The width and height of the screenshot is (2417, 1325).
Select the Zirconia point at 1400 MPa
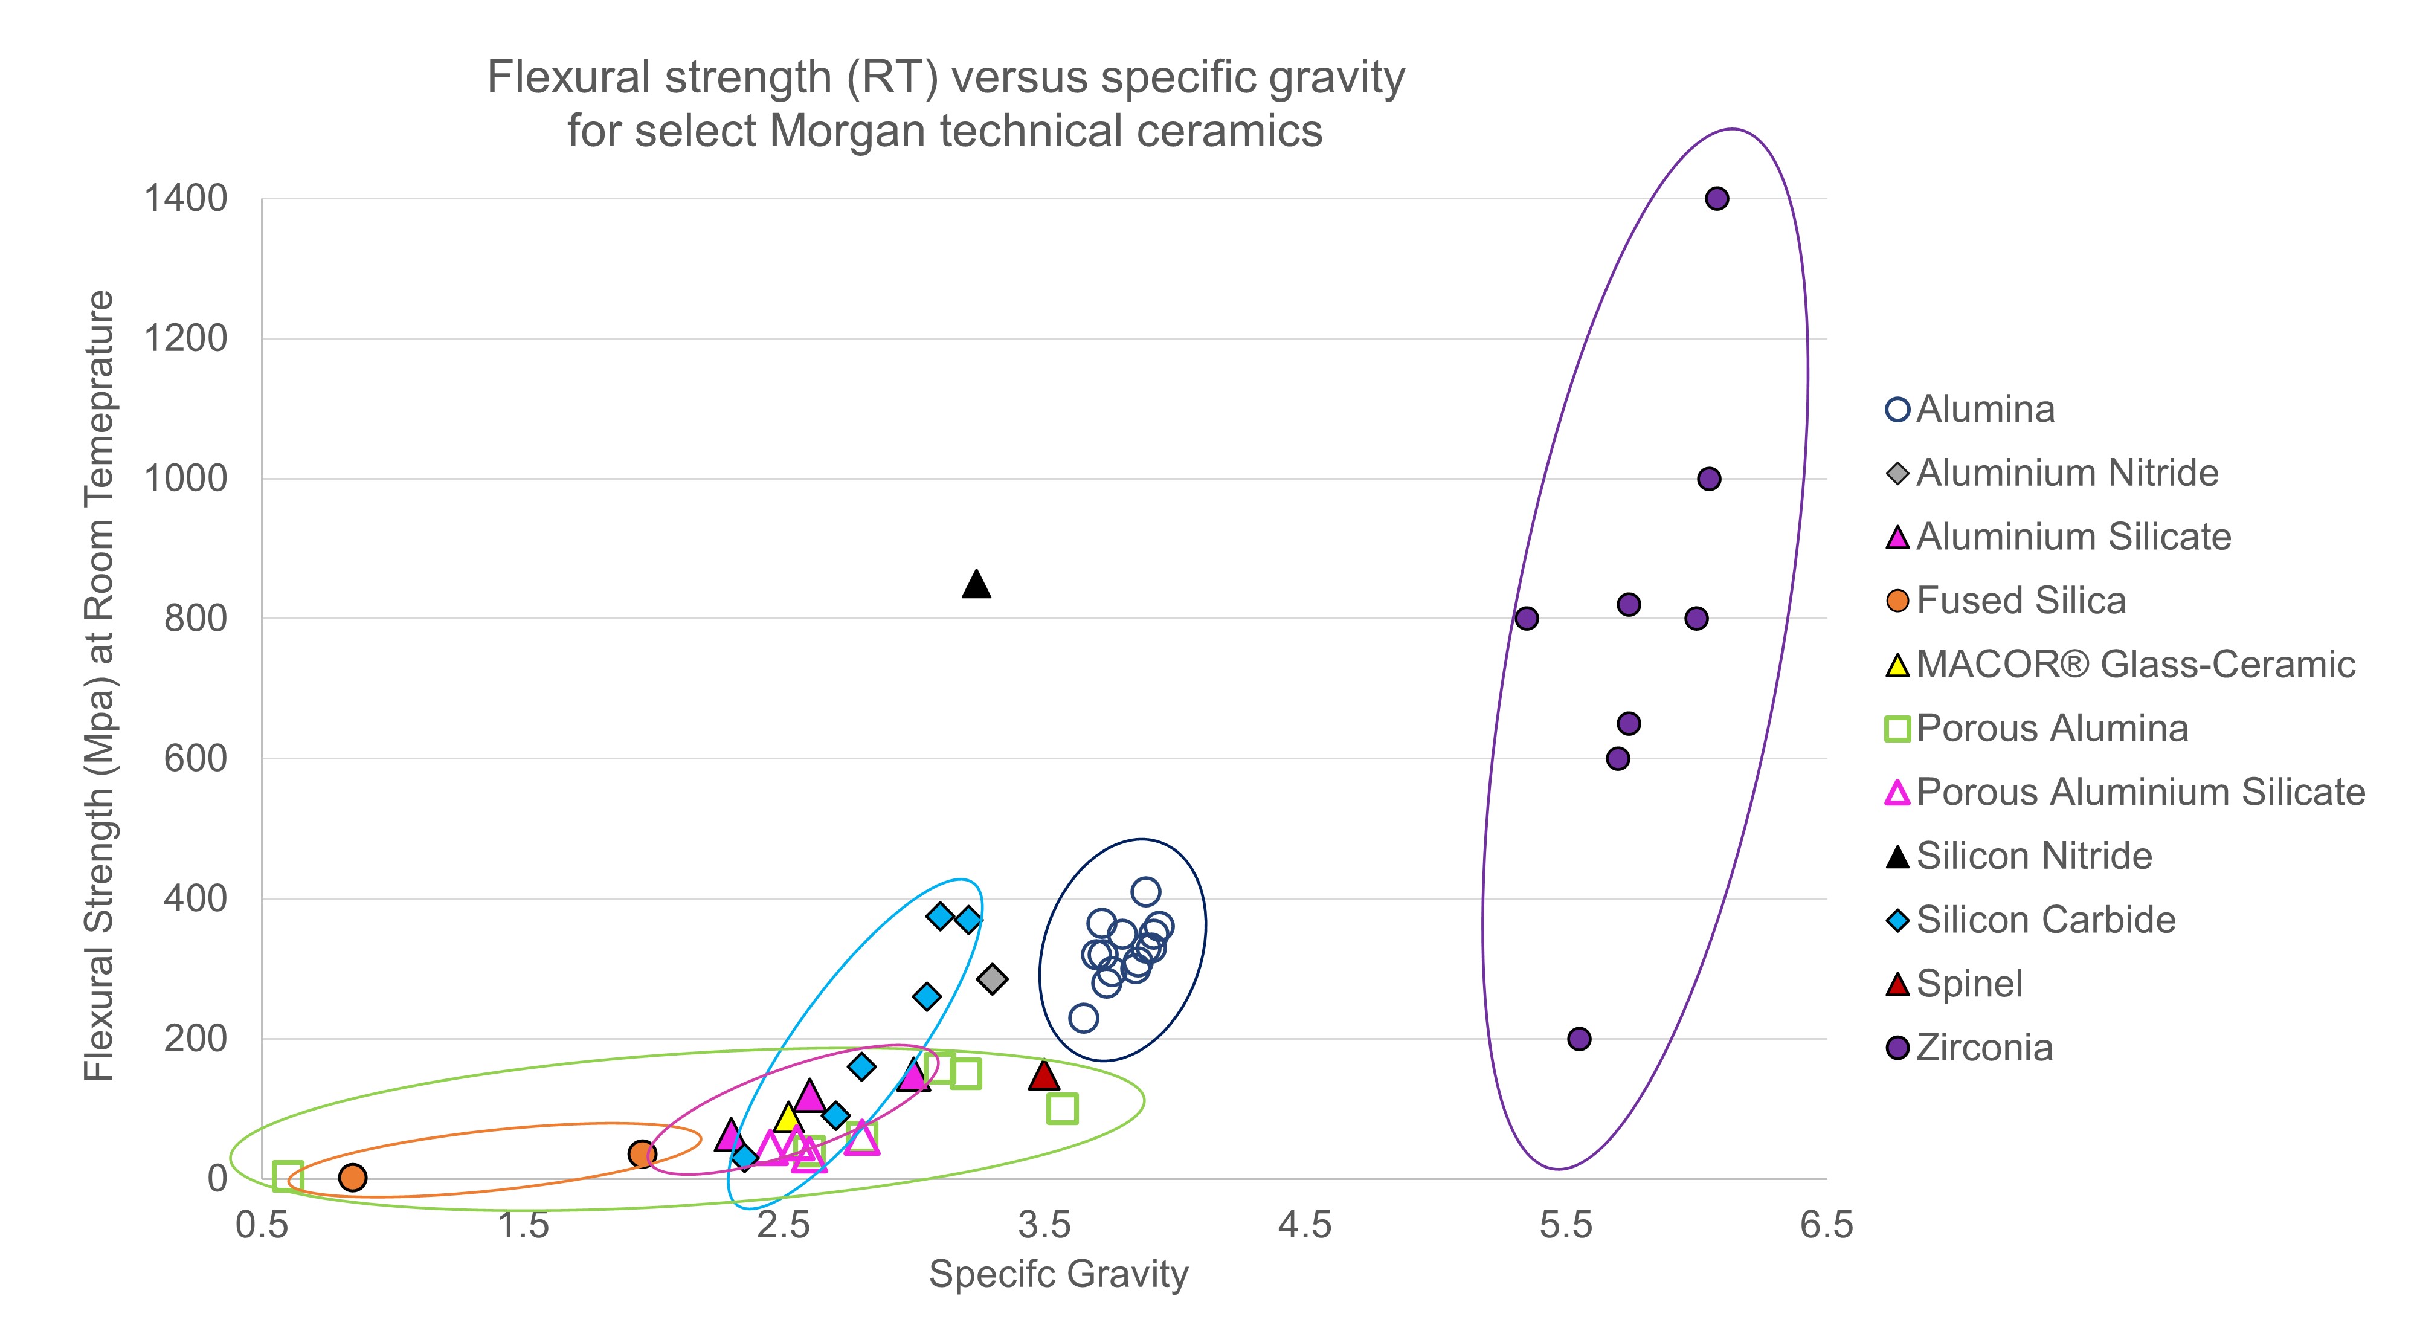[x=1716, y=198]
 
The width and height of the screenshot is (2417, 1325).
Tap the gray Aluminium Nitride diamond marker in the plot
[x=992, y=979]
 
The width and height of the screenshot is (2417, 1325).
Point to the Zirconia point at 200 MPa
[x=1579, y=1039]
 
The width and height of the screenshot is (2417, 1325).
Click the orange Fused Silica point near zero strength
[x=352, y=1177]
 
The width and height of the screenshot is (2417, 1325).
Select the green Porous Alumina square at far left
[x=287, y=1176]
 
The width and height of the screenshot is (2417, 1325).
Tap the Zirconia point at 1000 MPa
[x=1708, y=479]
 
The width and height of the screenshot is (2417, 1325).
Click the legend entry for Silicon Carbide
[x=2045, y=920]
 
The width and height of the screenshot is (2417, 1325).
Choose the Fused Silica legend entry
[x=2020, y=601]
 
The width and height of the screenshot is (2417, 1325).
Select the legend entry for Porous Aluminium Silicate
[x=2139, y=792]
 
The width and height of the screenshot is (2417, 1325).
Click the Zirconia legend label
[x=1983, y=1047]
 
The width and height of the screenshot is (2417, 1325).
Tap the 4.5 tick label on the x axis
[x=1304, y=1225]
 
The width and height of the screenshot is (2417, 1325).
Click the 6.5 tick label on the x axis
[x=1826, y=1225]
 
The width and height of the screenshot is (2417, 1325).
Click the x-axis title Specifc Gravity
[x=1058, y=1274]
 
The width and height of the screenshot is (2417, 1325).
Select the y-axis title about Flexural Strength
[x=98, y=685]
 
